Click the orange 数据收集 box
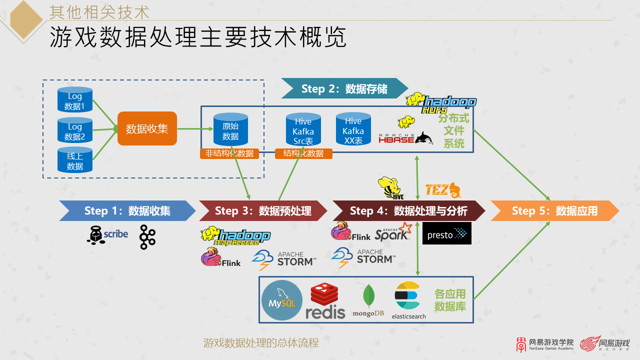(x=147, y=128)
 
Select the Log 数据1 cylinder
(x=75, y=100)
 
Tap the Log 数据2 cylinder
(x=75, y=130)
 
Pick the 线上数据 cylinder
(x=75, y=160)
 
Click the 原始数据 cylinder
(x=230, y=130)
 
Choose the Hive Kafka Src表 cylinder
(x=303, y=130)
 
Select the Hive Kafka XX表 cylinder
(x=353, y=130)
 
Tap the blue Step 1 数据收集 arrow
(x=127, y=211)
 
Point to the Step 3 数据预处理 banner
(x=263, y=211)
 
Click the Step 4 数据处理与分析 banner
(x=408, y=211)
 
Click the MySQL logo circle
(x=282, y=300)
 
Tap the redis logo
(x=325, y=301)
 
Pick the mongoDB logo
(x=368, y=301)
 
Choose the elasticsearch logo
(x=408, y=300)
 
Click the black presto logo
(x=446, y=233)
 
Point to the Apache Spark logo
(x=393, y=232)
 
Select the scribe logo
(x=107, y=234)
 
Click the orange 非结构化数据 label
(x=229, y=153)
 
